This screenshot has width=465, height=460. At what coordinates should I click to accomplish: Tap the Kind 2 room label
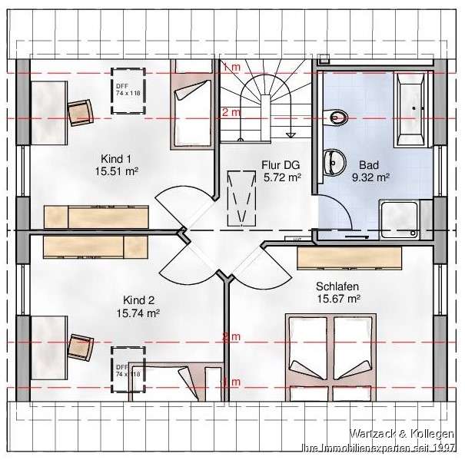coord(138,300)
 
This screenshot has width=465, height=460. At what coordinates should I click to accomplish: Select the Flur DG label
coord(281,164)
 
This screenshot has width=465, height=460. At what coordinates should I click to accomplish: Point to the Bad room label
coord(370,164)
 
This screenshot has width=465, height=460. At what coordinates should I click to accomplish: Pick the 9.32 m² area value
coord(370,177)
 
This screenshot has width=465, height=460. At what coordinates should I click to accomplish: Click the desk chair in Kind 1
coord(81,112)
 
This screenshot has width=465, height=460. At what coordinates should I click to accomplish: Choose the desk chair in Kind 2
coord(81,346)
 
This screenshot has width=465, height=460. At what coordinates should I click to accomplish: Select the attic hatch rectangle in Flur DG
coord(241,197)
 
